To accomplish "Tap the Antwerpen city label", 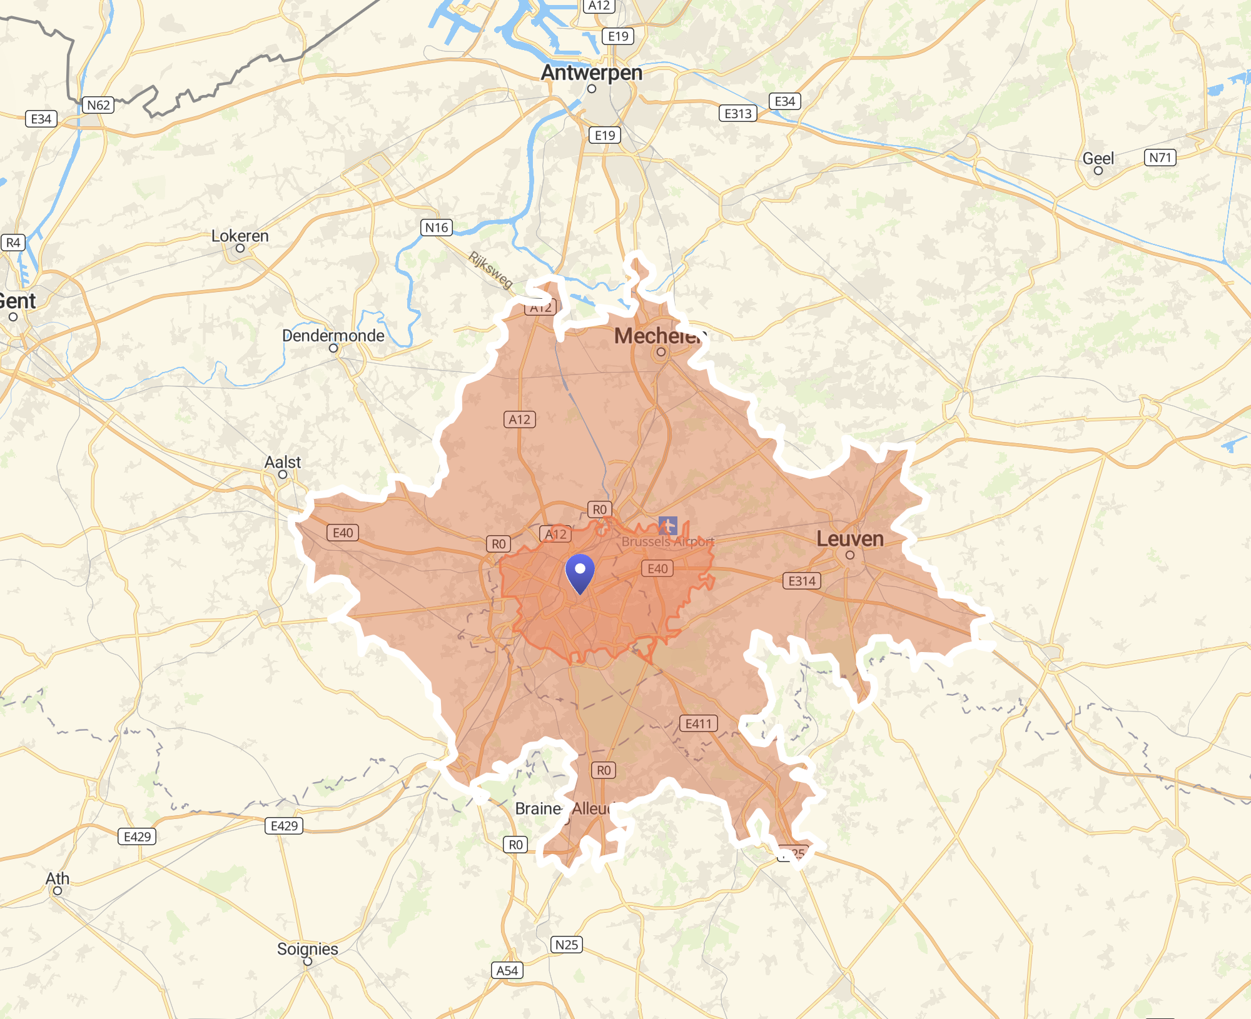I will click(x=591, y=73).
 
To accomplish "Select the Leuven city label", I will click(x=849, y=539).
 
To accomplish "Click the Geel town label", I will click(x=1098, y=159).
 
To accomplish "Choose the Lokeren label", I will click(x=240, y=236).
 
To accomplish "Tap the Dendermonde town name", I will click(x=333, y=336).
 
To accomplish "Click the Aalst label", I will click(x=282, y=463).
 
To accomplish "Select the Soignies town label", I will click(x=307, y=949).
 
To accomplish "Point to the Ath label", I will click(x=57, y=879).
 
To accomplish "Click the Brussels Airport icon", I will click(x=667, y=526).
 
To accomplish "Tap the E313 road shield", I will click(x=738, y=114).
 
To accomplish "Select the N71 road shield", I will click(x=1160, y=158).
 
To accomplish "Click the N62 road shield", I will click(x=98, y=105).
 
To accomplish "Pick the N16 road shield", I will click(x=436, y=228).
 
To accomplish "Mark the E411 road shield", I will click(x=698, y=724).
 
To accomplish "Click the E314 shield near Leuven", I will click(x=801, y=581).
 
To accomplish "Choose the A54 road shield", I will click(x=507, y=970).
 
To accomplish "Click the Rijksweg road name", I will click(x=490, y=269).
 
